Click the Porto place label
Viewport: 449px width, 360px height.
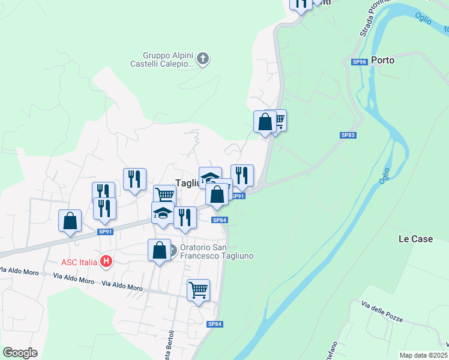coord(382,60)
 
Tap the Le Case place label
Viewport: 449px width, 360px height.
coord(415,239)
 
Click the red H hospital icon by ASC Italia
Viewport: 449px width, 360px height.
coord(106,261)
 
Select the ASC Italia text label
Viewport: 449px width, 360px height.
coord(79,262)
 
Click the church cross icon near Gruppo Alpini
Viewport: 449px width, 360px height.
coord(203,59)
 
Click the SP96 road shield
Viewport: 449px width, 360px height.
coord(359,61)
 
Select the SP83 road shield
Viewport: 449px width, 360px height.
coord(348,135)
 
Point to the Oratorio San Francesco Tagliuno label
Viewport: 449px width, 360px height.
coord(217,251)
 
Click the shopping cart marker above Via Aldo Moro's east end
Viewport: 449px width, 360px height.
coord(198,290)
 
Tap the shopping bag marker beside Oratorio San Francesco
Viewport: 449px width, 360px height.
coord(159,250)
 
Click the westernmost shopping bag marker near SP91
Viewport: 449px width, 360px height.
coord(70,220)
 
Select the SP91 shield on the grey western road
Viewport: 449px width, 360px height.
coord(105,232)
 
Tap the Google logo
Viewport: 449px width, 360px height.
coord(20,353)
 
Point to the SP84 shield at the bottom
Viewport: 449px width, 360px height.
coord(215,324)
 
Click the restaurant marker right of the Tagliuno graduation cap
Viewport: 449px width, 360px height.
coord(242,175)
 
